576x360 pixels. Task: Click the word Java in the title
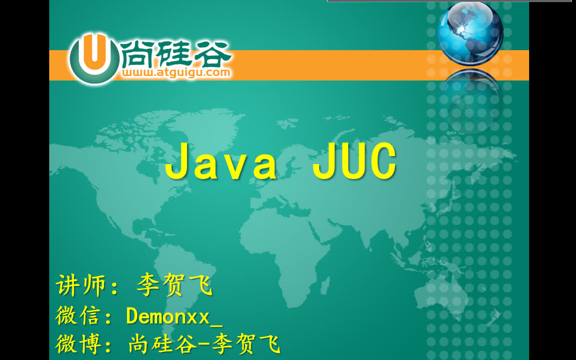pyautogui.click(x=221, y=161)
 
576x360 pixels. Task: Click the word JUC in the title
pyautogui.click(x=354, y=161)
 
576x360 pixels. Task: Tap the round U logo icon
pyautogui.click(x=95, y=59)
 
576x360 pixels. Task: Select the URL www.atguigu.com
pyautogui.click(x=176, y=73)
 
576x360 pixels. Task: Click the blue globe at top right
pyautogui.click(x=470, y=33)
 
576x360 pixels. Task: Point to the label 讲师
pyautogui.click(x=81, y=285)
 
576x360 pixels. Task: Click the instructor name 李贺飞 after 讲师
pyautogui.click(x=175, y=285)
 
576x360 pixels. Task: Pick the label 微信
pyautogui.click(x=78, y=315)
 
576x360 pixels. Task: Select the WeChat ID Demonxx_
pyautogui.click(x=174, y=316)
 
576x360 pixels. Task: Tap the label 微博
pyautogui.click(x=78, y=344)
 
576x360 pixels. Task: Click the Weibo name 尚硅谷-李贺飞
pyautogui.click(x=204, y=344)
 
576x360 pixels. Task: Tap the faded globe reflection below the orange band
pyautogui.click(x=471, y=100)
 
